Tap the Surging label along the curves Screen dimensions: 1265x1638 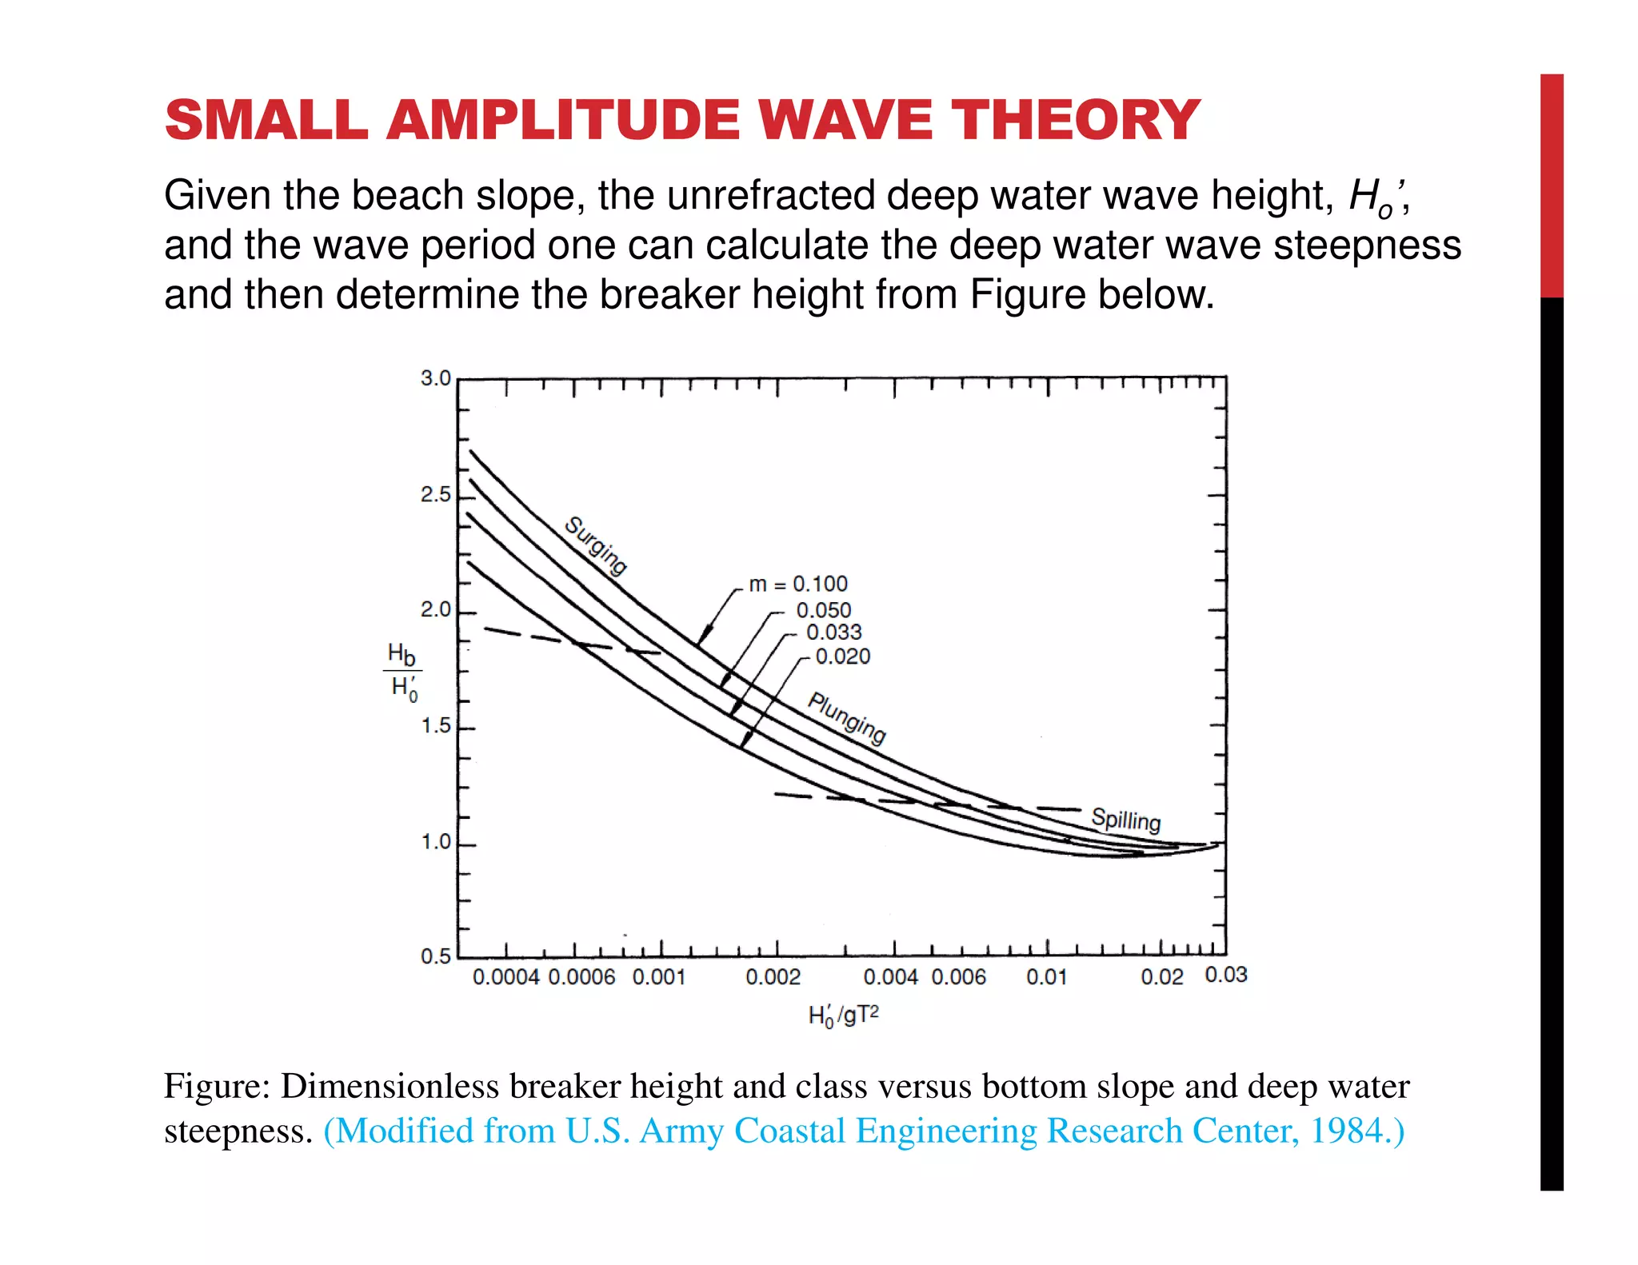coord(596,546)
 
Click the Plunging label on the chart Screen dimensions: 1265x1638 coord(847,717)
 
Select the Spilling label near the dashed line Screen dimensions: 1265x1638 coord(1125,820)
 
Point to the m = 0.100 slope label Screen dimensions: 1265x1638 coord(798,585)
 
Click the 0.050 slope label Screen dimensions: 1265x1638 coord(824,610)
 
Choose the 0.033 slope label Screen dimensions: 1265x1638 coord(833,632)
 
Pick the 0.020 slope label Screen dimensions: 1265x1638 coord(842,656)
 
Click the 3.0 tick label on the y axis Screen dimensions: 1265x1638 coord(436,378)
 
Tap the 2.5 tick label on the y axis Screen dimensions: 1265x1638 coord(436,495)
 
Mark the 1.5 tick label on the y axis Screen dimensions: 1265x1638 coord(436,726)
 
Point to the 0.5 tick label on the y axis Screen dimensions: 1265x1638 coord(436,956)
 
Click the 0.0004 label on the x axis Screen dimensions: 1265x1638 coord(506,977)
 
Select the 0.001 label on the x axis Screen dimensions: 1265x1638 coord(659,977)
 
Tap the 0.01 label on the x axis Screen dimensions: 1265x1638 coord(1046,977)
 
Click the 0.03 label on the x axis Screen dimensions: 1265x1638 coord(1226,975)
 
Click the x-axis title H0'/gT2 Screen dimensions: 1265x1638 coord(843,1016)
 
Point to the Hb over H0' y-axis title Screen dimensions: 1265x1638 coord(402,671)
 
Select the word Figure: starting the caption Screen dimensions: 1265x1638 coord(217,1086)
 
